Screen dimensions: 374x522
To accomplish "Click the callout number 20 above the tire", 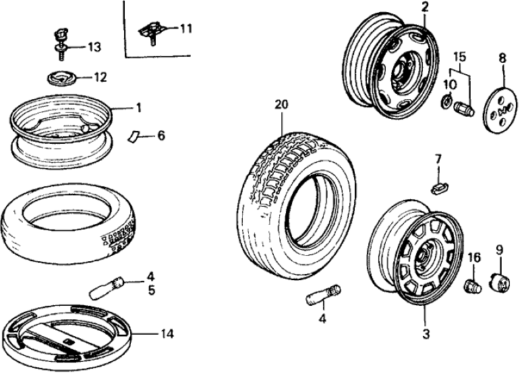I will pyautogui.click(x=281, y=105).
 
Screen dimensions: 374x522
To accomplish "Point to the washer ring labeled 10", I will pyautogui.click(x=447, y=102).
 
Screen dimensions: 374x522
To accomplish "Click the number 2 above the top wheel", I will pyautogui.click(x=425, y=7).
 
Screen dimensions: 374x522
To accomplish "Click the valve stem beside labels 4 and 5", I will pyautogui.click(x=107, y=287).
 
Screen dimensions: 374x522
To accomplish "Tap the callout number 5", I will pyautogui.click(x=151, y=291).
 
